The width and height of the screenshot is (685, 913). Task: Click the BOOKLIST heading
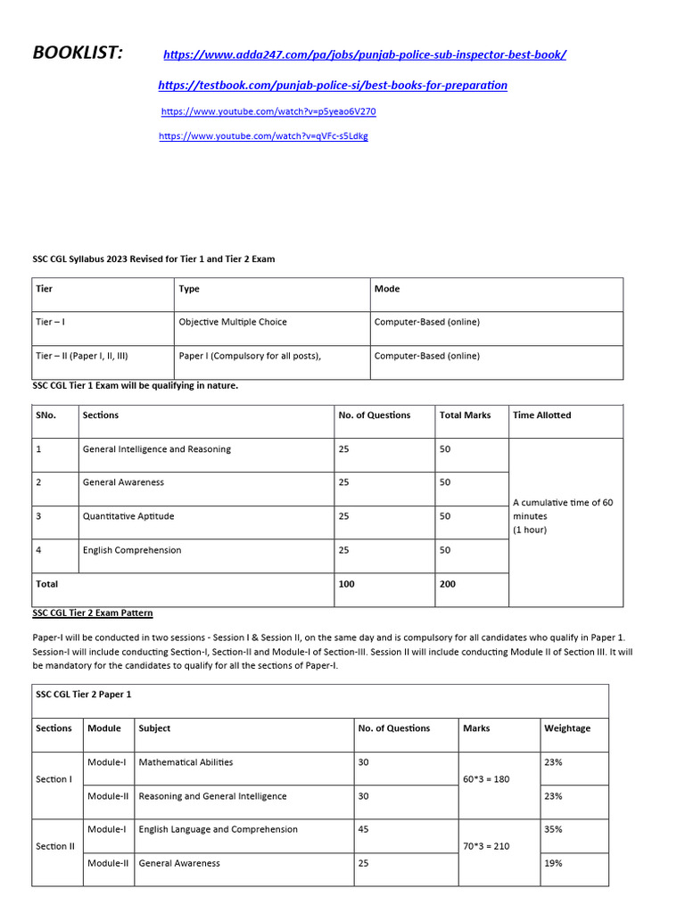(78, 53)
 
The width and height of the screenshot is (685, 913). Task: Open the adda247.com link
(365, 55)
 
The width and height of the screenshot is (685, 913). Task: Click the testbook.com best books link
(333, 86)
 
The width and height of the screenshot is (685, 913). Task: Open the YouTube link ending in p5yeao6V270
(268, 112)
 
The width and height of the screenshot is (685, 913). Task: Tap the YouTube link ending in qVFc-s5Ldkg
(263, 136)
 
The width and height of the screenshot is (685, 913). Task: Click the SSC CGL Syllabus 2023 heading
(153, 259)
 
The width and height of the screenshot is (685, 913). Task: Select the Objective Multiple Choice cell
(233, 322)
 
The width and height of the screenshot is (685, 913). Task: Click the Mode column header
(387, 289)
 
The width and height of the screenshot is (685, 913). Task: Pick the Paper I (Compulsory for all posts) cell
(250, 356)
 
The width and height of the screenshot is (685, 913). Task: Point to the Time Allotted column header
(541, 415)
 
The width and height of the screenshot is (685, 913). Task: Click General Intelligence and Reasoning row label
(156, 449)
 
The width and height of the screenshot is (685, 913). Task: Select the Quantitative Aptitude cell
(128, 516)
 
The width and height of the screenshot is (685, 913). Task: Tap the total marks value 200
(447, 584)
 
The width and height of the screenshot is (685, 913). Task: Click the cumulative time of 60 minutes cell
(563, 516)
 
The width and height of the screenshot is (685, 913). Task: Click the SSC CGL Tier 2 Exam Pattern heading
(93, 613)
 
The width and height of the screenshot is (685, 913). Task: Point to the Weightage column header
(566, 728)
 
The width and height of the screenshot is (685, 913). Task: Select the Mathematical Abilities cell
(186, 762)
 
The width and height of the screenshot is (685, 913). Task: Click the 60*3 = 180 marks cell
(487, 779)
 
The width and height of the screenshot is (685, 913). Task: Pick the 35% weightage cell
(553, 829)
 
